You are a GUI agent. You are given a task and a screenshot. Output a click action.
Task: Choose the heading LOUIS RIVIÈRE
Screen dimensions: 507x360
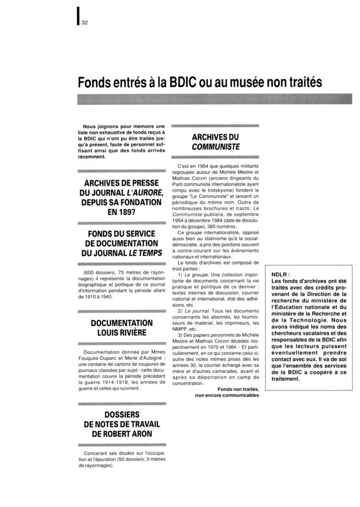122,333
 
